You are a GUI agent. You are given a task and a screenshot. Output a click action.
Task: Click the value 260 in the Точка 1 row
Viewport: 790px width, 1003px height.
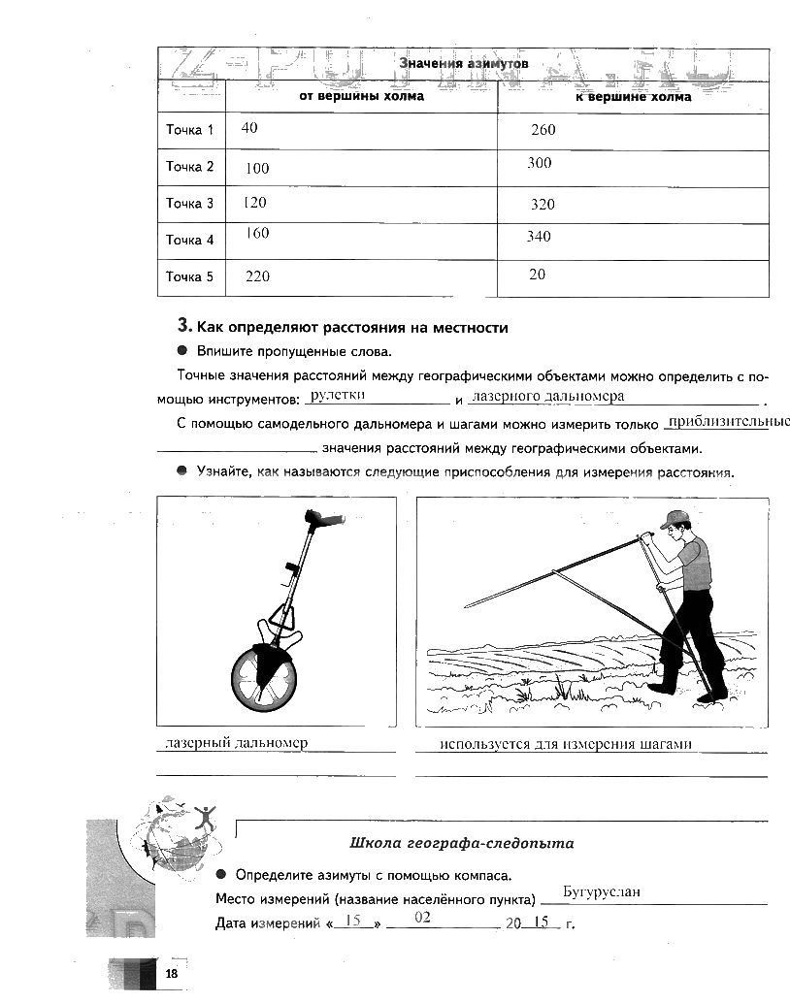(x=543, y=130)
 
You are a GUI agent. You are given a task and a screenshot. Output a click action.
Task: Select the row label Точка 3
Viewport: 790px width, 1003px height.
(x=189, y=204)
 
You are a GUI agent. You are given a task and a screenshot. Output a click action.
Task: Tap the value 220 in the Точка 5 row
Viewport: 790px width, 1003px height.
(x=257, y=276)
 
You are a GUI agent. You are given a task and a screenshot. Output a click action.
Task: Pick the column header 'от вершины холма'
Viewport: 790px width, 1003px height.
(x=361, y=97)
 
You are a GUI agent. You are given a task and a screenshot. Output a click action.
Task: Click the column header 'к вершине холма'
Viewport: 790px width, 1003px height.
(x=633, y=97)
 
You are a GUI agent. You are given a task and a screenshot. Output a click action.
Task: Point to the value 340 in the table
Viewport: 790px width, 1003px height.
(x=539, y=237)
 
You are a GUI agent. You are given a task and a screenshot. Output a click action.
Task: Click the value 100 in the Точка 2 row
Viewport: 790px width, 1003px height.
(x=257, y=168)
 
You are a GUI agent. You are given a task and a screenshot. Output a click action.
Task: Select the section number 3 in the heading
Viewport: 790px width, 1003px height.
(x=182, y=327)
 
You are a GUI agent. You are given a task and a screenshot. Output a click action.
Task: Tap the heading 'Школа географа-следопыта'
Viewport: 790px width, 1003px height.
(x=461, y=843)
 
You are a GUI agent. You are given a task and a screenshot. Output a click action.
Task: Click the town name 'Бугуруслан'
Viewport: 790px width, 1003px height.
(x=603, y=893)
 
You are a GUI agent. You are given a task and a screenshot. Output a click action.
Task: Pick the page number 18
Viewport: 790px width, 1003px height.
(x=172, y=974)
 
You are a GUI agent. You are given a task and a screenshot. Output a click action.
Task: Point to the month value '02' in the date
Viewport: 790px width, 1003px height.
(x=421, y=917)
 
